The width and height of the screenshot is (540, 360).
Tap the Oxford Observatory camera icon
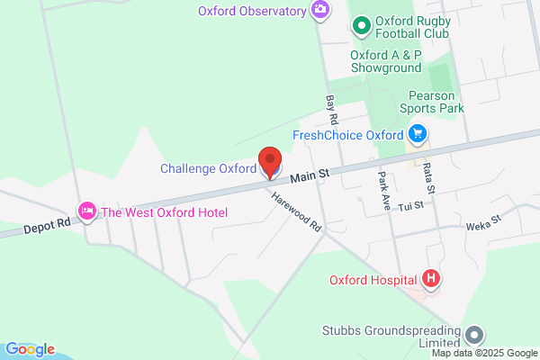[319, 10]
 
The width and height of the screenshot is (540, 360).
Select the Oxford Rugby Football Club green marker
[360, 26]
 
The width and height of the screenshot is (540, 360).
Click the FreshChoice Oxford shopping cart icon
[417, 135]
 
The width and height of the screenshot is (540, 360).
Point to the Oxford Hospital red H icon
[431, 279]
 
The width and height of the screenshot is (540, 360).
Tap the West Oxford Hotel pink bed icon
[87, 212]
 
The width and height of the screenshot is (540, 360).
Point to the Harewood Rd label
[295, 213]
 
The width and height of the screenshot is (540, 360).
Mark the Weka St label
[484, 219]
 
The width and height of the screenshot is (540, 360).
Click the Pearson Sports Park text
[435, 101]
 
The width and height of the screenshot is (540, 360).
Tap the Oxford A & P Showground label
[385, 61]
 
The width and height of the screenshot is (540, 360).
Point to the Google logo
[30, 349]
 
